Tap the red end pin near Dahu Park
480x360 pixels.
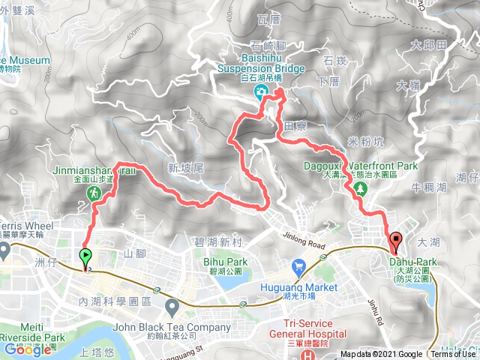pyautogui.click(x=396, y=241)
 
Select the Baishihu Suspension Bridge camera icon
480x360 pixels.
pyautogui.click(x=260, y=93)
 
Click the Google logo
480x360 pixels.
pyautogui.click(x=27, y=349)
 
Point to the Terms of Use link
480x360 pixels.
pyautogui.click(x=452, y=355)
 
